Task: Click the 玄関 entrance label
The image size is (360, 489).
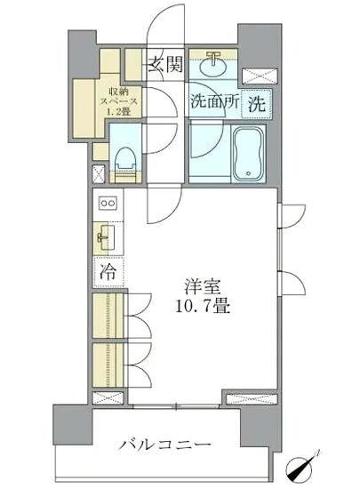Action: pyautogui.click(x=165, y=63)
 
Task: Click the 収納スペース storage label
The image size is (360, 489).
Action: pyautogui.click(x=118, y=97)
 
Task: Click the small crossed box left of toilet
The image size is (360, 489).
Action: pyautogui.click(x=98, y=172)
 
